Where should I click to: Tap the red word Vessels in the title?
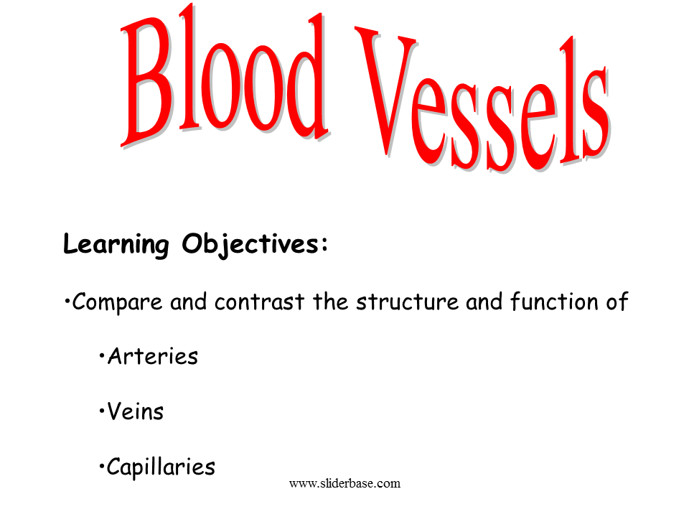pyautogui.click(x=482, y=99)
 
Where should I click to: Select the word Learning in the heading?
pyautogui.click(x=116, y=244)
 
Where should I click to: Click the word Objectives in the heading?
pyautogui.click(x=250, y=244)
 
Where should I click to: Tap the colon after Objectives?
pyautogui.click(x=324, y=244)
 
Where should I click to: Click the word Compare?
pyautogui.click(x=117, y=302)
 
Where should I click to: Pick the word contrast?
pyautogui.click(x=259, y=302)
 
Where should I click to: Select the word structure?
pyautogui.click(x=408, y=302)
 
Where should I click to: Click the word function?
pyautogui.click(x=554, y=302)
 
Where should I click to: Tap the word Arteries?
pyautogui.click(x=153, y=356)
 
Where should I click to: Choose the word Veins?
pyautogui.click(x=136, y=411)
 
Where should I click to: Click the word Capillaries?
pyautogui.click(x=161, y=467)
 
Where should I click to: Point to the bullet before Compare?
pyautogui.click(x=67, y=302)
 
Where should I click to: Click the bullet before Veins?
pyautogui.click(x=102, y=411)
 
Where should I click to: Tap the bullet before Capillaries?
pyautogui.click(x=102, y=467)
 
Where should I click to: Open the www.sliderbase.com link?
pyautogui.click(x=345, y=483)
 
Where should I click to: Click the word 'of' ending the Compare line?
pyautogui.click(x=617, y=302)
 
